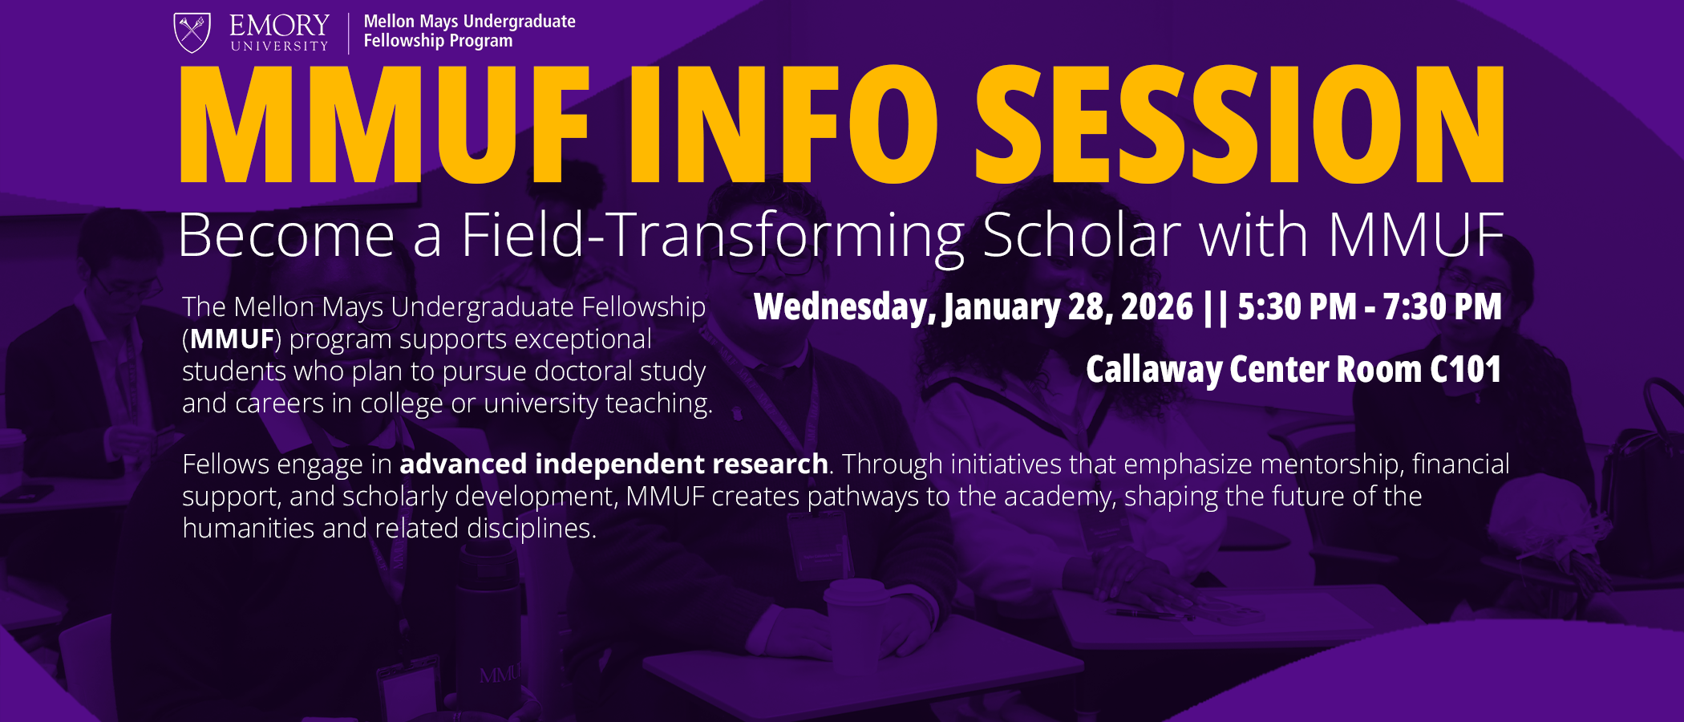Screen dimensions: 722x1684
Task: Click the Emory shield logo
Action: click(192, 33)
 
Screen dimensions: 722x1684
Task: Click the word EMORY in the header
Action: click(279, 26)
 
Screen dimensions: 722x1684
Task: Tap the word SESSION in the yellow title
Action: click(1239, 124)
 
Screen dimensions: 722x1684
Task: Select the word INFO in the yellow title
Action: click(783, 124)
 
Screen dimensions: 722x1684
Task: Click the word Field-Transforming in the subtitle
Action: click(712, 235)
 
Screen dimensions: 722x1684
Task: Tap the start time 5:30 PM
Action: click(1297, 307)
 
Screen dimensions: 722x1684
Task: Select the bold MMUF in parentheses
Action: click(233, 339)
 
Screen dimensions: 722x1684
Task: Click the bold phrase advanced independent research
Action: click(613, 464)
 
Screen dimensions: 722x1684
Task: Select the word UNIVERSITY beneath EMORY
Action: click(279, 47)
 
